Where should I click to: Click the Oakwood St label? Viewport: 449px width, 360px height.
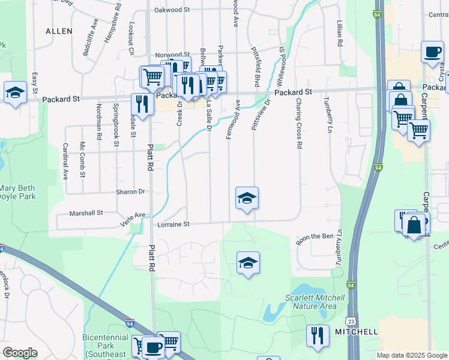[x=172, y=10]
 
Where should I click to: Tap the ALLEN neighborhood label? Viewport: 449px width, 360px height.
[x=59, y=31]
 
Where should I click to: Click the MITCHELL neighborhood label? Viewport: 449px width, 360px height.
[x=357, y=331]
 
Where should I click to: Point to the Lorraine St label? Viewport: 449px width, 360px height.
[x=173, y=224]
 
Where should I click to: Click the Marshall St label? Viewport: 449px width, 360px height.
[x=86, y=212]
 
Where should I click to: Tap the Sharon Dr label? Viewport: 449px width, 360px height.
[x=130, y=192]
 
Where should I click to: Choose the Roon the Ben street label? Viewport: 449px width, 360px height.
[x=315, y=236]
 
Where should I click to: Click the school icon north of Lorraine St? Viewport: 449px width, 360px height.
[x=247, y=198]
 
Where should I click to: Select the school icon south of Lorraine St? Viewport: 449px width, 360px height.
[x=248, y=263]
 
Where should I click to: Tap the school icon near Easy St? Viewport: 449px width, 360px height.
[x=15, y=92]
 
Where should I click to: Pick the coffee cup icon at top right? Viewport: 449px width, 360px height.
[x=432, y=52]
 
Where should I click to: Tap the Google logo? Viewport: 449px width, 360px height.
[x=20, y=353]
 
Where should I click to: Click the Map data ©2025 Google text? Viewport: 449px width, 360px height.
[x=411, y=355]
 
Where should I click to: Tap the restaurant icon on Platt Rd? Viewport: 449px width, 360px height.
[x=142, y=103]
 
